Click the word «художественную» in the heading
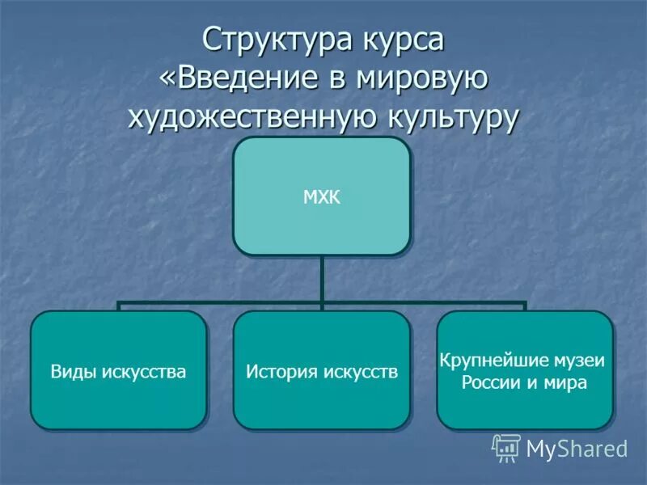(x=251, y=118)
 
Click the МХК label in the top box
(x=321, y=196)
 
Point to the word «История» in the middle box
(x=281, y=373)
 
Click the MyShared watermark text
(x=576, y=448)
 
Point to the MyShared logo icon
(x=506, y=447)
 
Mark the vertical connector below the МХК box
(x=321, y=279)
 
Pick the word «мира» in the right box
(x=567, y=382)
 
